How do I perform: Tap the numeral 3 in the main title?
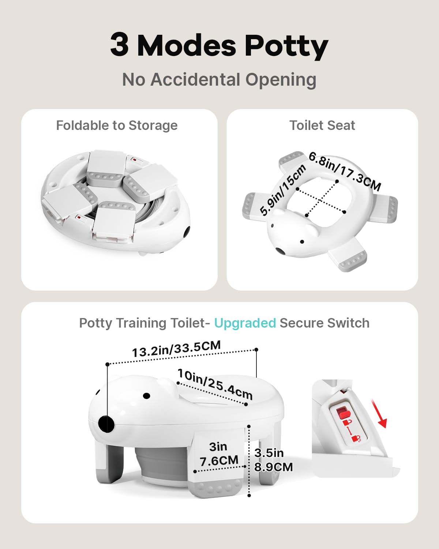pos(119,45)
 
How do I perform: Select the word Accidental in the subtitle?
pos(195,79)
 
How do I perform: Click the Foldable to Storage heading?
pos(117,126)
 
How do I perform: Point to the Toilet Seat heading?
pos(322,125)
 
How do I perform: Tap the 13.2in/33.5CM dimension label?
pos(176,349)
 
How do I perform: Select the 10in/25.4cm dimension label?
pos(215,384)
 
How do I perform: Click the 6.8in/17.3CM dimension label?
pos(345,171)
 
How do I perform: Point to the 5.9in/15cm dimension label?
pos(283,190)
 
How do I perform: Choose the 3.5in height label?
pos(269,453)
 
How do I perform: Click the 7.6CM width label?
pos(219,461)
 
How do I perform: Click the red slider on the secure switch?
pos(342,412)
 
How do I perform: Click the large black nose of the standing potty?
pos(106,424)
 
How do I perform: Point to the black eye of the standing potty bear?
pos(146,396)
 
